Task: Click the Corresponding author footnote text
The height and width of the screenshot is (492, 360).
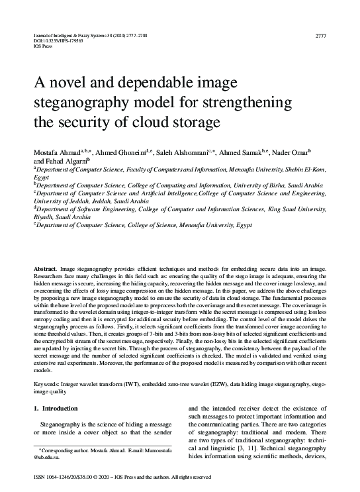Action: coord(89,450)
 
